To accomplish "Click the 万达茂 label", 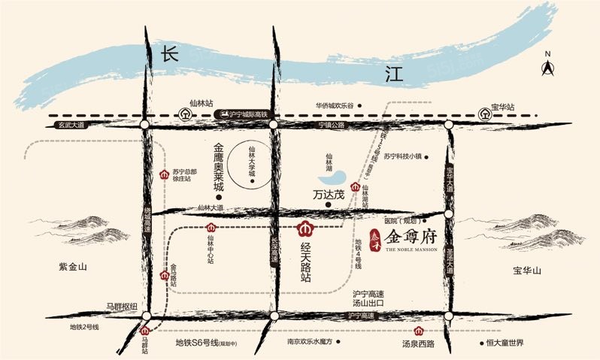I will (329, 194).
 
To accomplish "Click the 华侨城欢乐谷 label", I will (340, 106).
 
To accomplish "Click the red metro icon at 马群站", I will (145, 331).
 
